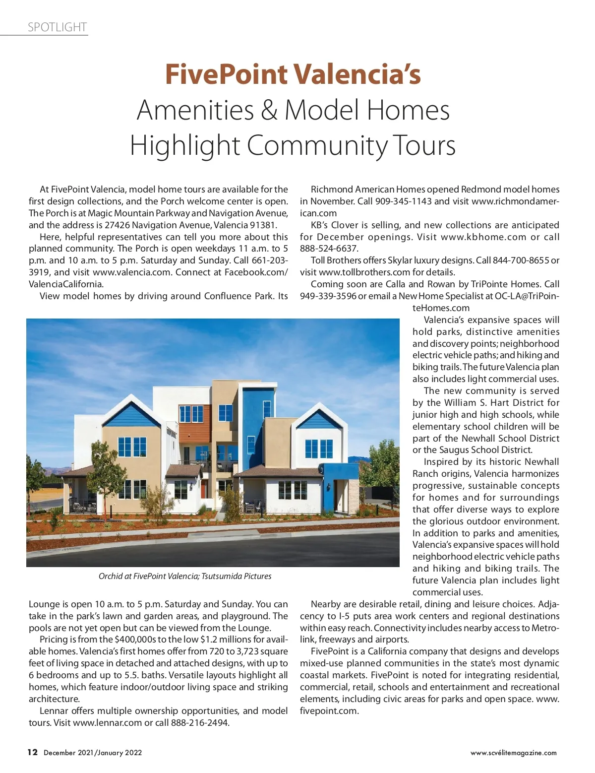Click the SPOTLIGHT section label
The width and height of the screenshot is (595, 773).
coord(57,27)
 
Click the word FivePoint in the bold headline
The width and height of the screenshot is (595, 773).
coord(226,74)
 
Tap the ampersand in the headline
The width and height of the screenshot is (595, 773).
coord(269,110)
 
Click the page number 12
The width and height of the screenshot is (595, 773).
coord(32,752)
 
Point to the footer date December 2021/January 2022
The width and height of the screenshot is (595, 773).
coord(93,753)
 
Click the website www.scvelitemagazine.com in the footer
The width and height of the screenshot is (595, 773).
coord(513,753)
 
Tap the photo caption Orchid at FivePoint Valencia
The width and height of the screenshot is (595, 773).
coord(185,576)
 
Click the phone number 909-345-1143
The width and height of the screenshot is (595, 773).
coord(403,201)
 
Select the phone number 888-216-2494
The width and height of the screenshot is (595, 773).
coord(200,723)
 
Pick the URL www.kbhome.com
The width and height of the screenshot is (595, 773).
coord(483,237)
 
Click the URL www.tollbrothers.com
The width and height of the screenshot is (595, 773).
coord(364,272)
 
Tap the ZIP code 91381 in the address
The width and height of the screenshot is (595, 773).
coord(263,225)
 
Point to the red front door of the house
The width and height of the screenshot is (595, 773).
coord(204,489)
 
